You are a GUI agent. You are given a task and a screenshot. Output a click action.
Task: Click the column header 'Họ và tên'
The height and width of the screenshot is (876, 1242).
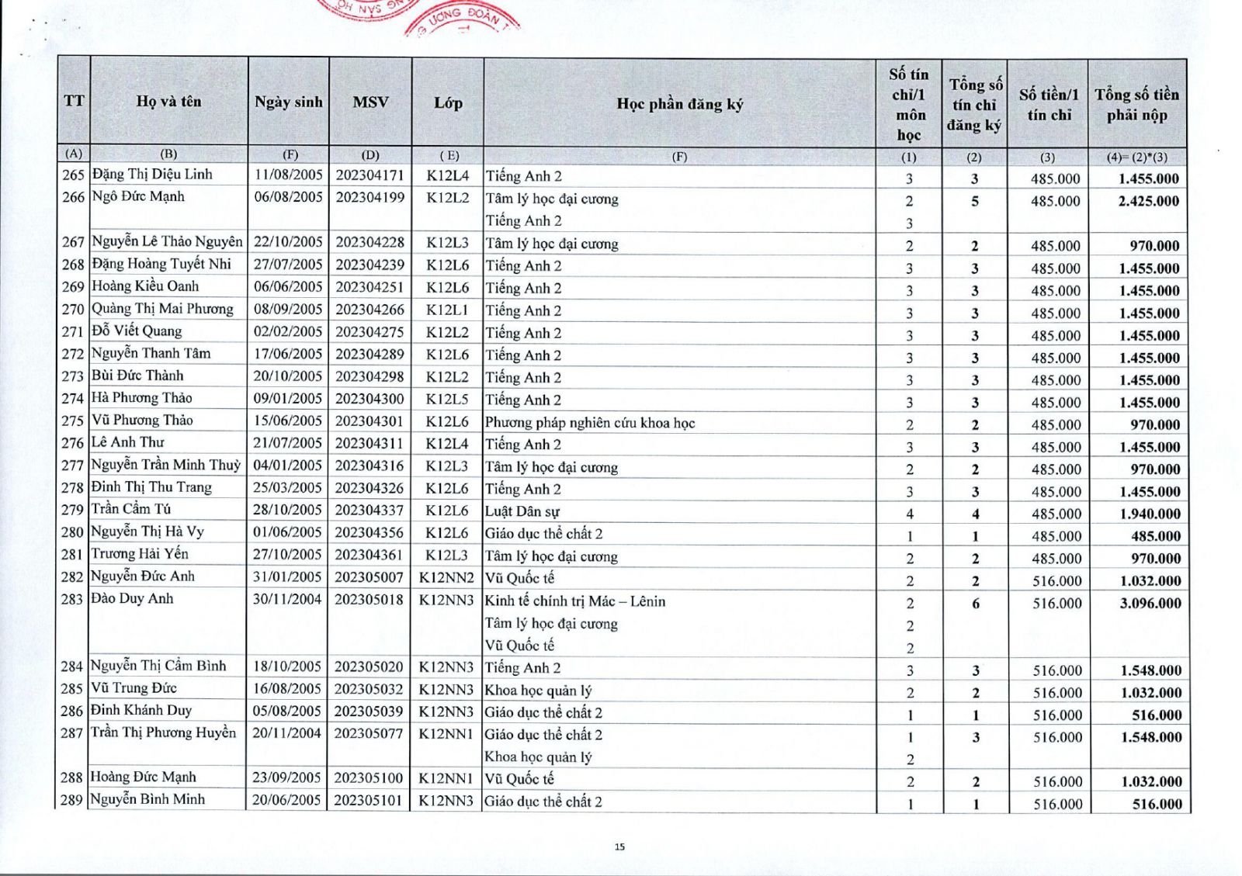coord(168,101)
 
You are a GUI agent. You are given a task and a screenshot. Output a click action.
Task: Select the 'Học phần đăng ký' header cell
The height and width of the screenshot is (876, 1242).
coord(679,104)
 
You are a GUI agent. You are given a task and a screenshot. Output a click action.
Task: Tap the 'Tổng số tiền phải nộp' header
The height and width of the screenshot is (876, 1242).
coord(1136,105)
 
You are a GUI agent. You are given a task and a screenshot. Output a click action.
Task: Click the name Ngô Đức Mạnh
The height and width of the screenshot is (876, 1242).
coord(138,196)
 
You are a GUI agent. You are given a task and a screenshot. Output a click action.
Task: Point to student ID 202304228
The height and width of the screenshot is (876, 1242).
coord(369,242)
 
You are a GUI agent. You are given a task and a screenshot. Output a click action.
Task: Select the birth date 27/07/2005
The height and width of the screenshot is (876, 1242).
coord(288,265)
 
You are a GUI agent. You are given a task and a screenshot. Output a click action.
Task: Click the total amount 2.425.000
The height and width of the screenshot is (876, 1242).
coord(1148,201)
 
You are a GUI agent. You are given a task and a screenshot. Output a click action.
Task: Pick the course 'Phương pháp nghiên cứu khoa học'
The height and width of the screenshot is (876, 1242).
coord(590,423)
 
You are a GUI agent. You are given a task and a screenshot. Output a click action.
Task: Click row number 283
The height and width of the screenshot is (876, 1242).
coord(72,599)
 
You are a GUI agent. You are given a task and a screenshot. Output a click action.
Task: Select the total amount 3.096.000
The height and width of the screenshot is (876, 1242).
coord(1150,603)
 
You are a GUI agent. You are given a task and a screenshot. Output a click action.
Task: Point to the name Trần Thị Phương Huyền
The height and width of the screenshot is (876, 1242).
coord(163,732)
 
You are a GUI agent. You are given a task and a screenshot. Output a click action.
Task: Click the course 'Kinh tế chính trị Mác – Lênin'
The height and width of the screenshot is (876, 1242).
coord(574,601)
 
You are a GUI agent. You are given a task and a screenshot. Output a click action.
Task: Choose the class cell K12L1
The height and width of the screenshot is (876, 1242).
coord(448,309)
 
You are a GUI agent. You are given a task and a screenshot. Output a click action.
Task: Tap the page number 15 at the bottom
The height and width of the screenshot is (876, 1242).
coord(619,847)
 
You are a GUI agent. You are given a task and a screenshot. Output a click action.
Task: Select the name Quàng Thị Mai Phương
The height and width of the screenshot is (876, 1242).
coord(162,309)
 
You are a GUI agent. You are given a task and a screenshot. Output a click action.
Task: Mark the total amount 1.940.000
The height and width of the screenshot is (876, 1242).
coord(1150,514)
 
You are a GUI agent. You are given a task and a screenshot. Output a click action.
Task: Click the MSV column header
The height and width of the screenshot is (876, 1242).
coord(370,102)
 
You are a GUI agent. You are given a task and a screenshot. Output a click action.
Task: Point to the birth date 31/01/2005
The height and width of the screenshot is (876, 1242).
coord(286,576)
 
